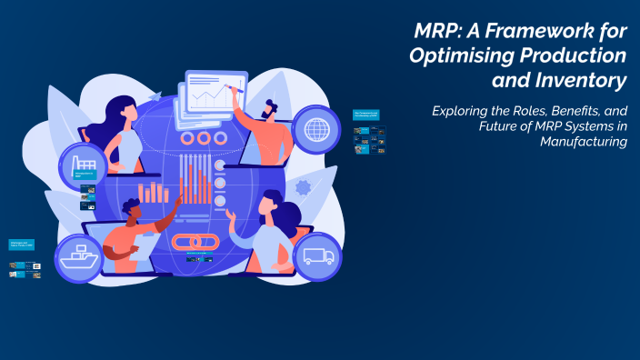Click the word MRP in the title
pos(432,32)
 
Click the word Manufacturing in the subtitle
pos(584,142)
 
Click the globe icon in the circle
pos(317,126)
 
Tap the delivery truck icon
pos(317,256)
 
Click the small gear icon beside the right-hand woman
pos(303,187)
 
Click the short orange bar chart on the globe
pos(154,192)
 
